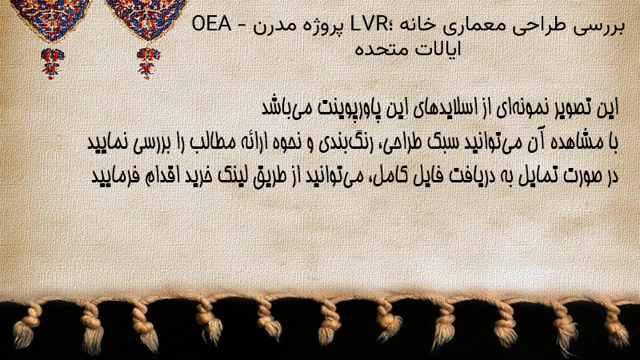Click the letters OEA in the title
(x=211, y=25)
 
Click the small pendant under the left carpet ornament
(x=52, y=63)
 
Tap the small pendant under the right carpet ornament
(x=148, y=63)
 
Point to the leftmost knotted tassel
(x=26, y=325)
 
